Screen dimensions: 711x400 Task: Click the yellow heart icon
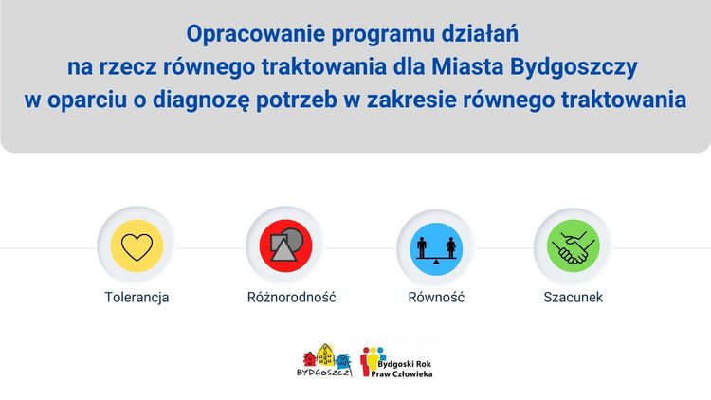pos(137,246)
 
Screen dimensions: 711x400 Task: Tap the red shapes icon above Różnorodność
pos(285,245)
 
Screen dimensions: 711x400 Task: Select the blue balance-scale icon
pos(436,248)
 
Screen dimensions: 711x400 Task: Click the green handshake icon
pos(574,246)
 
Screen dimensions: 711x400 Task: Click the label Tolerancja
pos(137,298)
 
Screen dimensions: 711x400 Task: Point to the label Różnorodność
pos(292,297)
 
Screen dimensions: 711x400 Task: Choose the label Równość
pos(436,297)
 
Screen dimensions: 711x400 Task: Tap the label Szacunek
pos(574,297)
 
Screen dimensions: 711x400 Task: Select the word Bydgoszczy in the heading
pos(574,67)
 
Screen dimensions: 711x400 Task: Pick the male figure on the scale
pos(422,247)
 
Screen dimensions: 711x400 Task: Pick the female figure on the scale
pos(451,247)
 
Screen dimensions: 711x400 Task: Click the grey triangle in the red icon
pos(283,250)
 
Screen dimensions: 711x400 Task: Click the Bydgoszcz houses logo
pos(324,361)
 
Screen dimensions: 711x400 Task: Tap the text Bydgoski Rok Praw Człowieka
pos(402,369)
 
